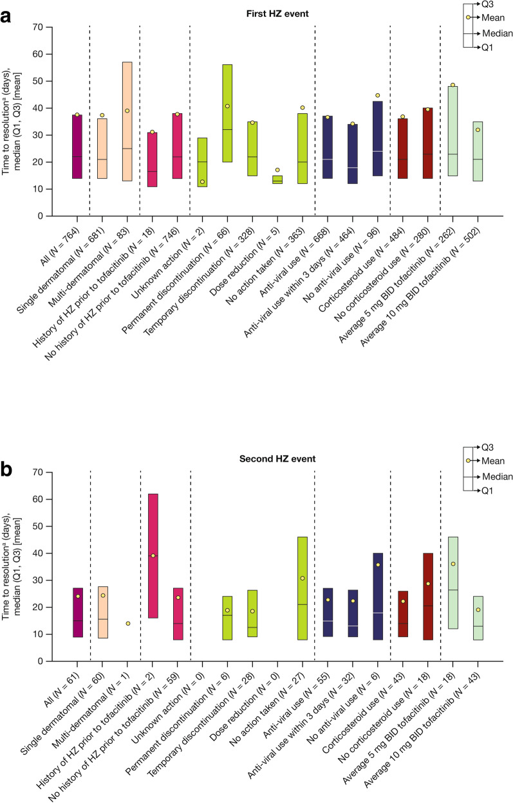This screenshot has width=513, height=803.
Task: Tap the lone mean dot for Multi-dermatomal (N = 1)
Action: tap(127, 623)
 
